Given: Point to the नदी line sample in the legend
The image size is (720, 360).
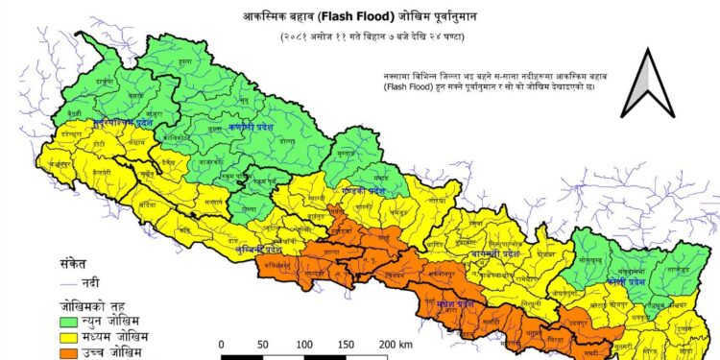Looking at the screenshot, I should point(70,284).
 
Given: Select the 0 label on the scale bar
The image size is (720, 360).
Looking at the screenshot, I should point(222,344).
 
